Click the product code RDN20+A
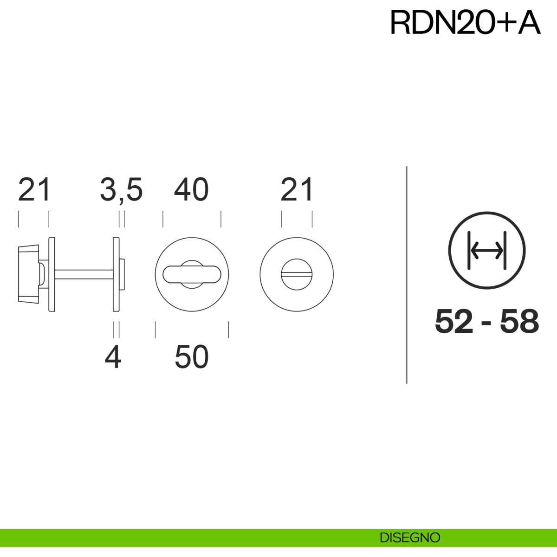click(x=465, y=22)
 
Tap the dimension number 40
click(x=191, y=189)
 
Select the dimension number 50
click(x=192, y=357)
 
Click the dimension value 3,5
click(x=122, y=190)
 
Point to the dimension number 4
click(x=113, y=357)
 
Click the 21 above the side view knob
click(x=34, y=190)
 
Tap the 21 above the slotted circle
click(x=297, y=190)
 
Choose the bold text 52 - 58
click(x=487, y=321)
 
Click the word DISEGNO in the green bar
click(x=410, y=538)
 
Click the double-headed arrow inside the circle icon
click(x=487, y=250)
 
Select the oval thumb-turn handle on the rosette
click(x=192, y=274)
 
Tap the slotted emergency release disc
click(x=297, y=274)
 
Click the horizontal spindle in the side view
click(x=84, y=274)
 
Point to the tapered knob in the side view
click(x=29, y=274)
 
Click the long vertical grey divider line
click(x=407, y=275)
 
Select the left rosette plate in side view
click(x=52, y=274)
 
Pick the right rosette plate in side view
click(x=116, y=274)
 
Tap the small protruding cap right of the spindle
click(x=122, y=274)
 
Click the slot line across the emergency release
click(x=297, y=274)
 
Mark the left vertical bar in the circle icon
click(x=469, y=250)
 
